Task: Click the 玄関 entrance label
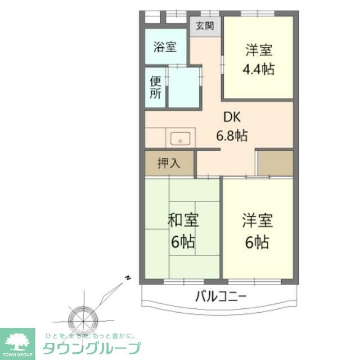[x=205, y=25]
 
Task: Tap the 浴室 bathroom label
[x=165, y=46]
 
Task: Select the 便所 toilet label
[x=156, y=87]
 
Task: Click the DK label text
[x=232, y=118]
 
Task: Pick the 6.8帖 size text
[x=232, y=136]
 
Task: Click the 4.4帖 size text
[x=258, y=70]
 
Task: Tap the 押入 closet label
[x=169, y=164]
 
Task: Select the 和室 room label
[x=183, y=220]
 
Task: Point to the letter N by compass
[x=128, y=278]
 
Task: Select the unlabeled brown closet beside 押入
[x=274, y=163]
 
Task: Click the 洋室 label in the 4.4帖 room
[x=259, y=50]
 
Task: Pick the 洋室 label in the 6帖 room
[x=258, y=220]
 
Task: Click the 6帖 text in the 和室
[x=183, y=242]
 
